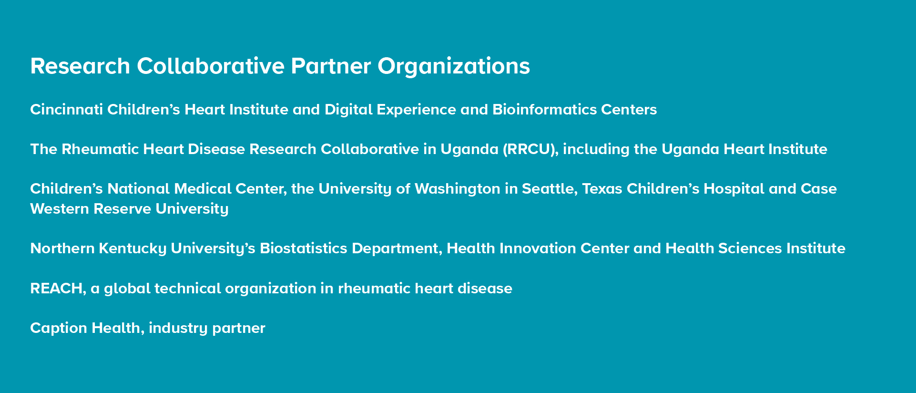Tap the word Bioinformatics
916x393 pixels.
pyautogui.click(x=544, y=110)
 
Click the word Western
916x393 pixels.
pyautogui.click(x=60, y=209)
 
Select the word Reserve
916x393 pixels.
pyautogui.click(x=122, y=209)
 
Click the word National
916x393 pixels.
pyautogui.click(x=139, y=189)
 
